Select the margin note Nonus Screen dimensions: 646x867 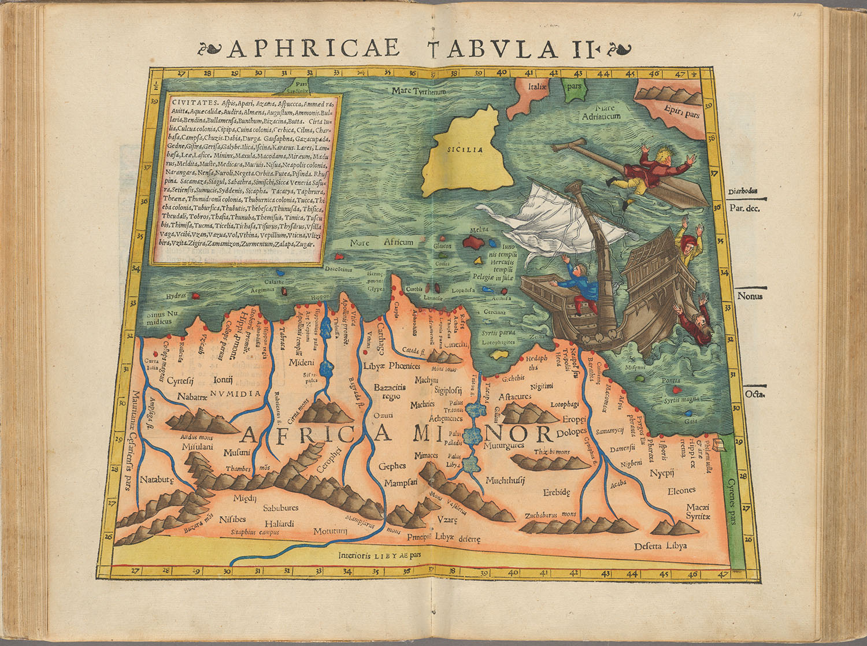click(x=750, y=296)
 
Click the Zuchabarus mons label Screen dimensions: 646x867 click(x=550, y=514)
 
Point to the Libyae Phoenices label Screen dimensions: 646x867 click(x=391, y=366)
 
